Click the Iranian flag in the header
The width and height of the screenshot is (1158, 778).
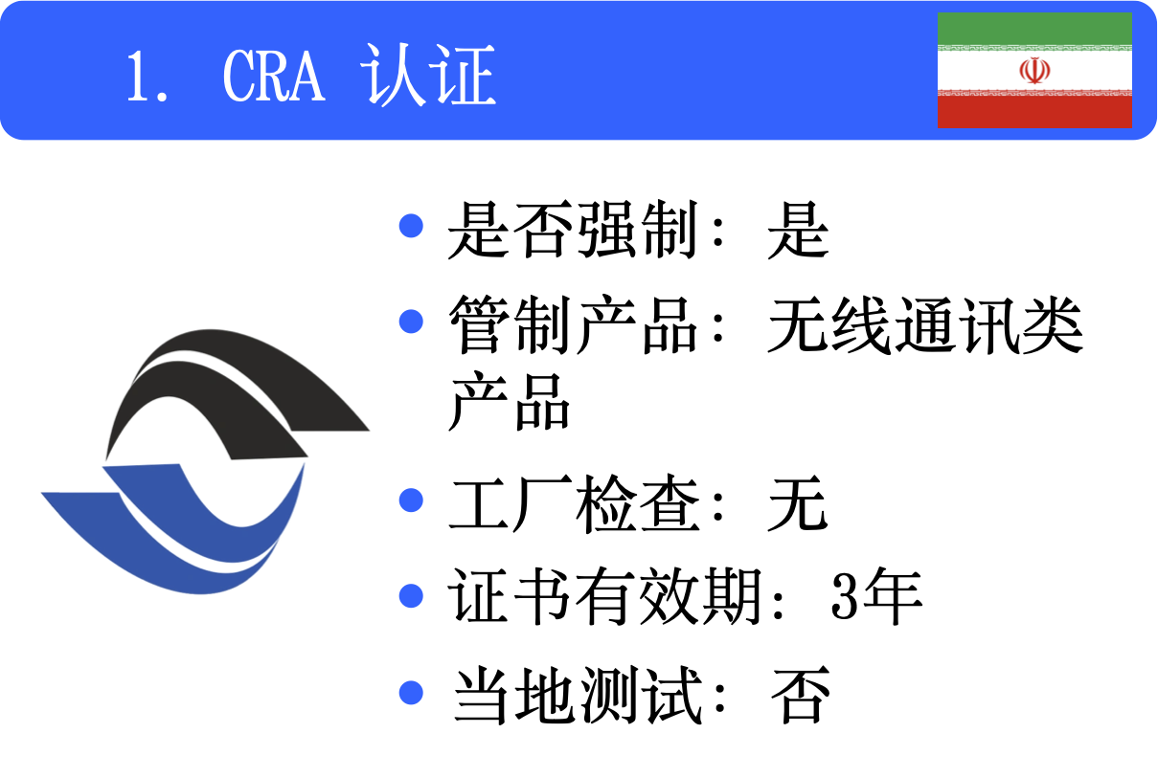click(1034, 70)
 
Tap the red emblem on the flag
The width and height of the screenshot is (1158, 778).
click(1034, 71)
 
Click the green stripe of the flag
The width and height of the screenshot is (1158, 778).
click(1034, 30)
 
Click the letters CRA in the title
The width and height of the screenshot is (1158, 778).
click(274, 75)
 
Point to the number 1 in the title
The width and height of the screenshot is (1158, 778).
click(137, 77)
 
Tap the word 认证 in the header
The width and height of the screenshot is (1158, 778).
click(428, 75)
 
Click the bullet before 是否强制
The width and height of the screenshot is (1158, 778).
click(411, 226)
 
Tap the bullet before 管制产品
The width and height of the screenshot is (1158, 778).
click(411, 321)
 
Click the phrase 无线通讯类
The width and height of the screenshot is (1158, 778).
click(925, 326)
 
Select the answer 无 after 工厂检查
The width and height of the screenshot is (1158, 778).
click(797, 504)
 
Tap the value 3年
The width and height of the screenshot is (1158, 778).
click(875, 597)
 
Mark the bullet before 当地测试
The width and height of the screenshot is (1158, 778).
click(411, 691)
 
